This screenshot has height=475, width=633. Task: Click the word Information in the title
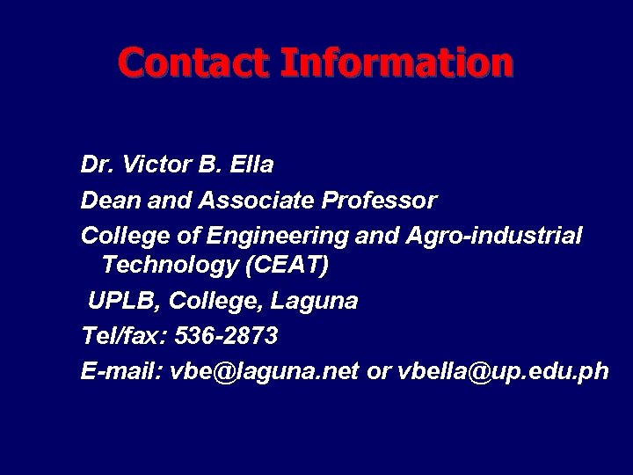(x=397, y=62)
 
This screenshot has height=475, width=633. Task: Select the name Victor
(x=152, y=164)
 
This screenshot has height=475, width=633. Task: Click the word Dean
(x=107, y=201)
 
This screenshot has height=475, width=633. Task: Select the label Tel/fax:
(x=124, y=336)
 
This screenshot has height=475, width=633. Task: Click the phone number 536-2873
(x=226, y=336)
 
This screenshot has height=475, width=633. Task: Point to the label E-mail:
(x=121, y=372)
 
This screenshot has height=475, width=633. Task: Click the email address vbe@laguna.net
(x=264, y=372)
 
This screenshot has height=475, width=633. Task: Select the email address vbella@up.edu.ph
(x=503, y=372)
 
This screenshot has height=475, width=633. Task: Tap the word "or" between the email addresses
(x=378, y=372)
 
